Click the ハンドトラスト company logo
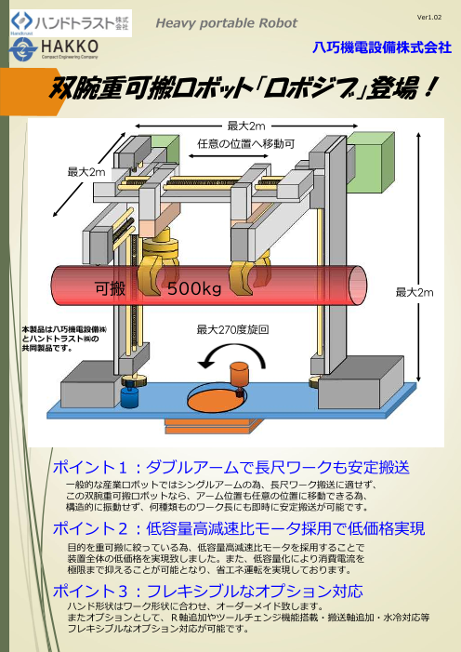[x=70, y=20]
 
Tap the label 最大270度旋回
[x=232, y=329]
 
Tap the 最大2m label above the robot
[x=246, y=126]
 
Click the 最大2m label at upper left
[x=85, y=172]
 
